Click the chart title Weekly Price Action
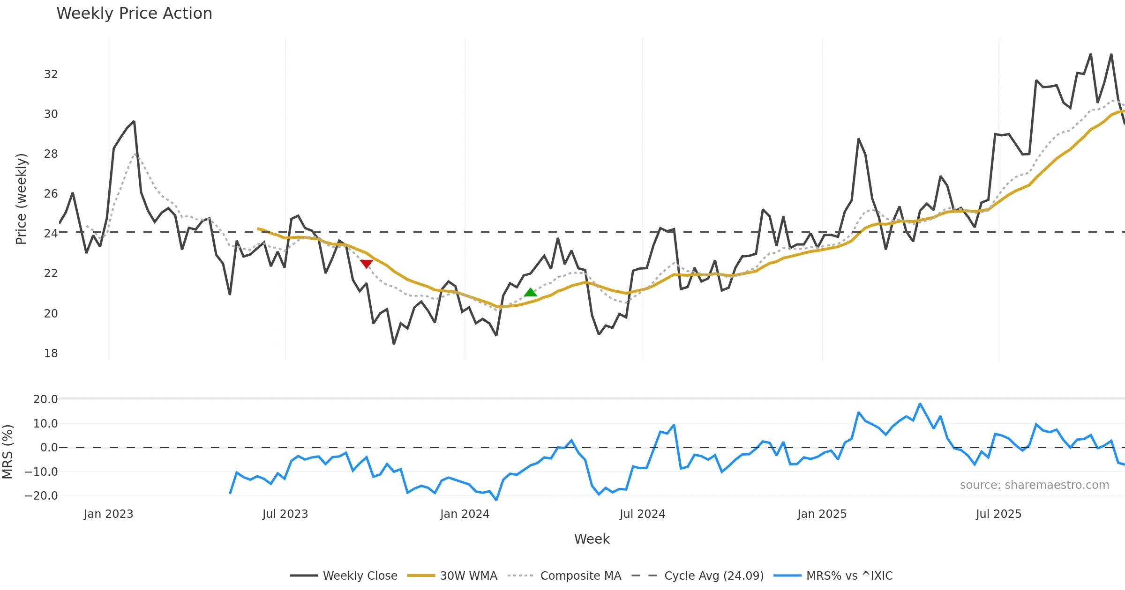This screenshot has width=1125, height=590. [x=134, y=14]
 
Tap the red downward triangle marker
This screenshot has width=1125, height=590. [x=367, y=264]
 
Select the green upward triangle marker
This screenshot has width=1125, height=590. [x=530, y=293]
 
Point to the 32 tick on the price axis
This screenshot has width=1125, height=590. [x=51, y=74]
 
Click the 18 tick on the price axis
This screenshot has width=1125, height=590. [x=51, y=354]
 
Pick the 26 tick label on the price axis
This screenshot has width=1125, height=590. [x=51, y=194]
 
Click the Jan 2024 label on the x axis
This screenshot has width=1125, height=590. [x=465, y=514]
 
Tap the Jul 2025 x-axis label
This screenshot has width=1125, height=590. [x=998, y=514]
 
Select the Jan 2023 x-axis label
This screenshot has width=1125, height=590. [x=108, y=514]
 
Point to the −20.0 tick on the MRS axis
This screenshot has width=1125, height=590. [x=41, y=496]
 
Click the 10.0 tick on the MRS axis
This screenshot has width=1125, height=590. [x=45, y=424]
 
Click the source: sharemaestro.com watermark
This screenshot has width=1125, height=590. [x=1034, y=485]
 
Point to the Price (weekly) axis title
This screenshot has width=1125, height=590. [x=22, y=199]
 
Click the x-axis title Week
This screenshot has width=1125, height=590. [x=592, y=539]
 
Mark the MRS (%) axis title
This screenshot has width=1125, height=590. [x=7, y=451]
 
